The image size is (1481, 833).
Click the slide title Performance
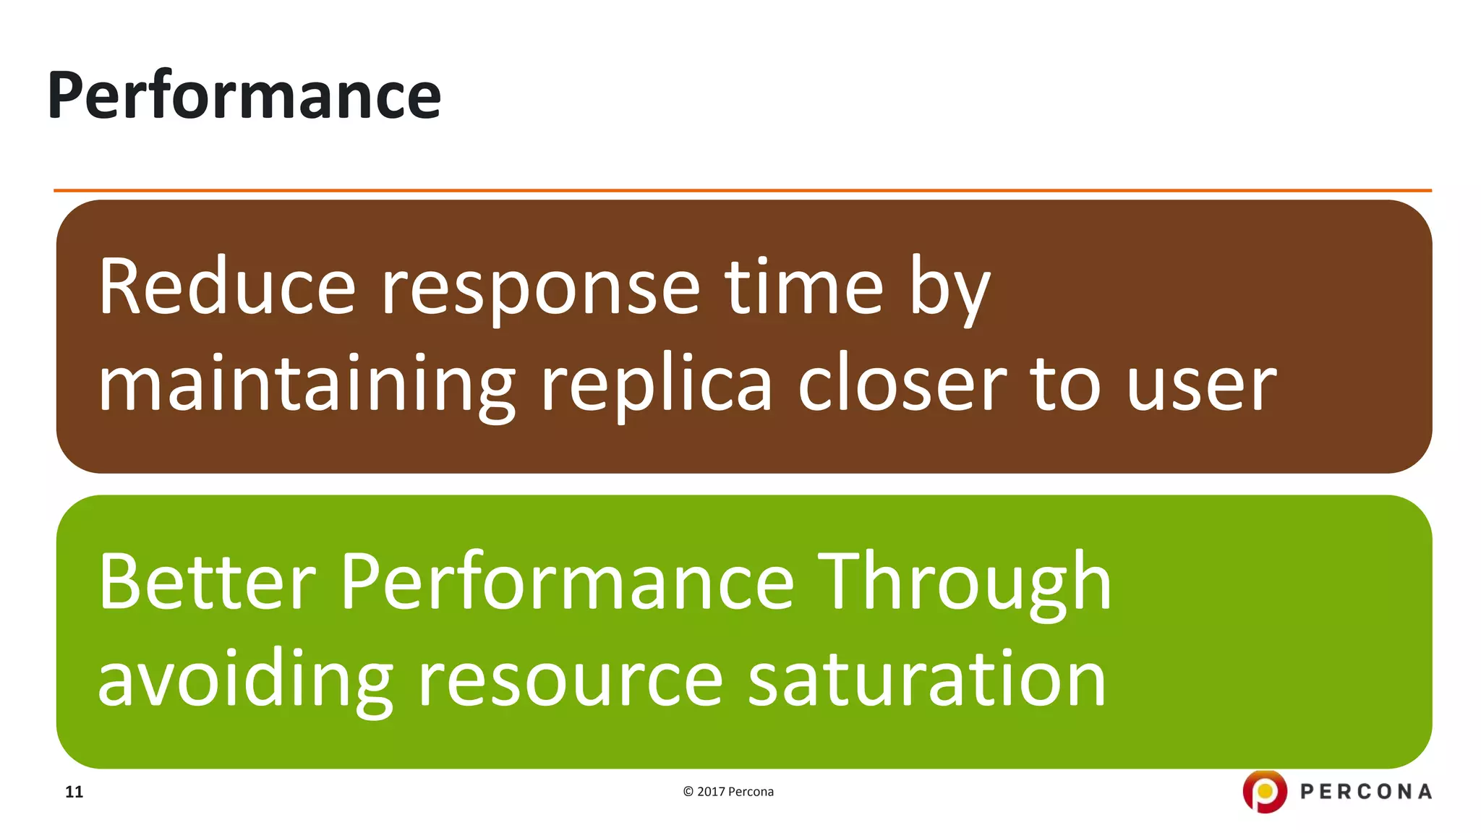click(x=244, y=95)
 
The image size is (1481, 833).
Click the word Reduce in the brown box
click(x=226, y=287)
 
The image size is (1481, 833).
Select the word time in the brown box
click(x=804, y=287)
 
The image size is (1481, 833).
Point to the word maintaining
click(x=307, y=385)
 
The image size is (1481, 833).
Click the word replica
click(x=657, y=385)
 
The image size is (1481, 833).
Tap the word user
click(x=1201, y=385)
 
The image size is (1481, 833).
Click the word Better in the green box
click(x=207, y=582)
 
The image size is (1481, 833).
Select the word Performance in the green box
click(x=568, y=582)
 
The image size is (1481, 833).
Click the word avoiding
click(x=245, y=680)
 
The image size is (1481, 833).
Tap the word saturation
click(x=926, y=680)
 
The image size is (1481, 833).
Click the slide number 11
click(x=74, y=792)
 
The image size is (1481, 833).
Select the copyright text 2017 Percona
click(x=728, y=792)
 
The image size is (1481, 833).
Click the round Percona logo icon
click(x=1264, y=791)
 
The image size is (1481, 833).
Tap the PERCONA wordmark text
click(x=1365, y=792)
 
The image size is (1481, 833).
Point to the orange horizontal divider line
click(x=742, y=191)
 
